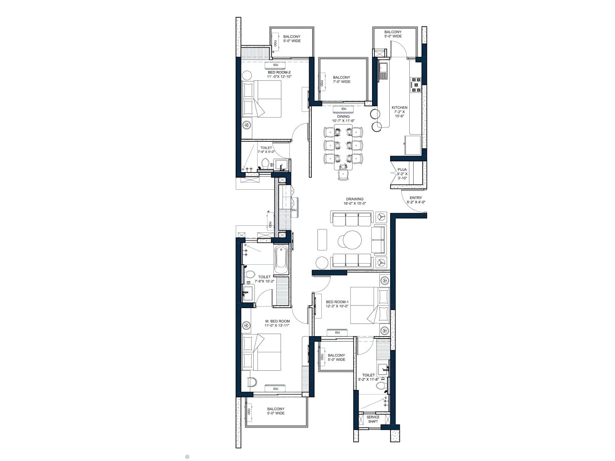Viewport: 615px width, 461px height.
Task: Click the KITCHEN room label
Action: tap(399, 108)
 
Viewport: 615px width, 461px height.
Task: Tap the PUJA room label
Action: tap(402, 169)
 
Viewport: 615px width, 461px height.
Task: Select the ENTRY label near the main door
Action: tap(416, 198)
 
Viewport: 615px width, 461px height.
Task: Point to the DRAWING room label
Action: tap(354, 199)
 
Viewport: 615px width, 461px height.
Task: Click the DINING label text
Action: tap(343, 116)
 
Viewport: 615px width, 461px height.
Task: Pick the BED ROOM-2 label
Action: tap(279, 72)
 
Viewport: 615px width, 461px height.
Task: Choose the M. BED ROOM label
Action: tap(277, 321)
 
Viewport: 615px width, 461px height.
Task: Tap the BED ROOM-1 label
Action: tap(337, 302)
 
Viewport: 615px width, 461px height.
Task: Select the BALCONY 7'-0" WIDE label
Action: tap(341, 80)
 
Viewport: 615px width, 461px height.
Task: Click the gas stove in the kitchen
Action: tap(416, 85)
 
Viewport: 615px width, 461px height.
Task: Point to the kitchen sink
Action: tap(383, 69)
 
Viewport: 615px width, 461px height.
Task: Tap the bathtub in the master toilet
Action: tap(281, 259)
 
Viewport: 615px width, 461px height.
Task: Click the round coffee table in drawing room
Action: tap(352, 240)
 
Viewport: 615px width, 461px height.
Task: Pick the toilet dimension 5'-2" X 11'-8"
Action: tap(368, 380)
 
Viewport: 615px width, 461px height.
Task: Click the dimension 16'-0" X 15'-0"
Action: tap(354, 204)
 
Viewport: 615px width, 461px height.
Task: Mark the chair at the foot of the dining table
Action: tap(343, 175)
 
